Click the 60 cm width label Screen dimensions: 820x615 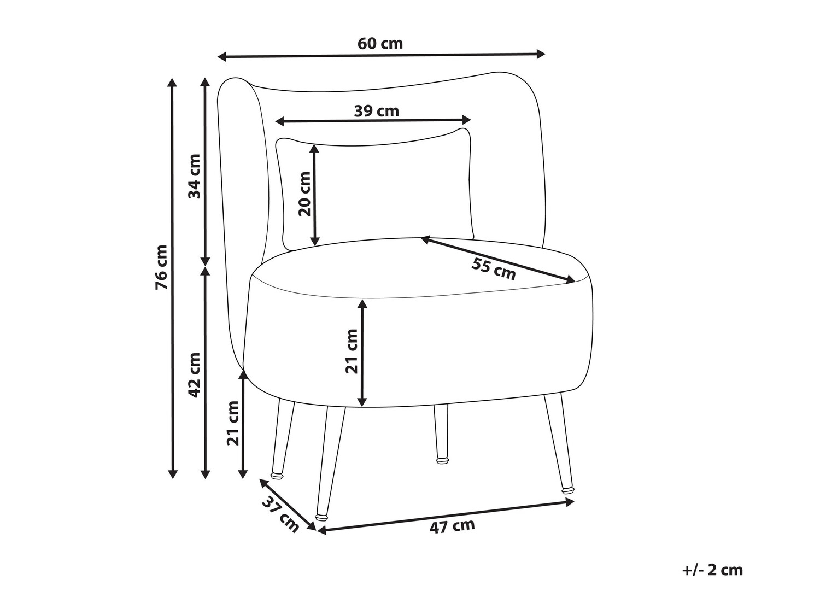coord(380,44)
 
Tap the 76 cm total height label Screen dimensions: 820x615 coord(162,267)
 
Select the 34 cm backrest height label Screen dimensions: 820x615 coord(194,176)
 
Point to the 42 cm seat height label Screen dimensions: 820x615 coord(194,374)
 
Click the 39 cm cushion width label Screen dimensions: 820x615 coord(377,111)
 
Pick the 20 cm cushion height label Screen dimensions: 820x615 coord(304,194)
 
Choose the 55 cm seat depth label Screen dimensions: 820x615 coord(494,269)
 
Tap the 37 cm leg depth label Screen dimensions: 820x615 coord(280,514)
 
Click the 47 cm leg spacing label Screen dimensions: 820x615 coord(452,526)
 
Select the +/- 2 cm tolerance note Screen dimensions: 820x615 coord(712,580)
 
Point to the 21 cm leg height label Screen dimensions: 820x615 coord(233,423)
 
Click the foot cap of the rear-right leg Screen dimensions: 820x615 coord(442,461)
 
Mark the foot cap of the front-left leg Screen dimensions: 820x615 coord(321,517)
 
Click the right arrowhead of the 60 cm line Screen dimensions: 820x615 coord(541,54)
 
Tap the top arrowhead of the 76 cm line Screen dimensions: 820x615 coord(172,83)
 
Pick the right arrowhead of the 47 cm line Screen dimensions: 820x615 coord(570,502)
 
